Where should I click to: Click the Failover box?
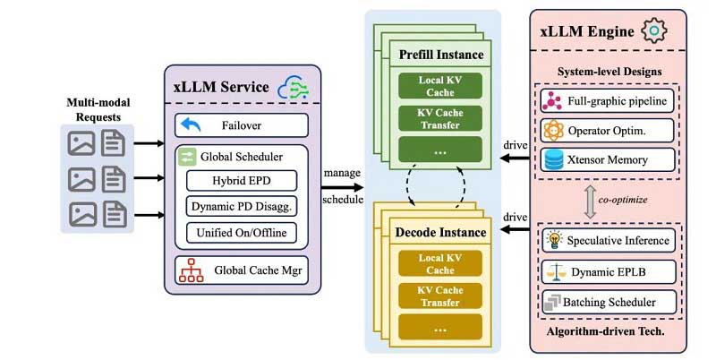pyautogui.click(x=241, y=124)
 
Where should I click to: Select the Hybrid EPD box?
pyautogui.click(x=241, y=180)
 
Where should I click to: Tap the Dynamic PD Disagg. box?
pyautogui.click(x=241, y=207)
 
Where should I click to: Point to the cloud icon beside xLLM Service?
pyautogui.click(x=294, y=87)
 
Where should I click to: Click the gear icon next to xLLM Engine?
pyautogui.click(x=655, y=31)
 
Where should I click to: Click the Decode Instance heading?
pyautogui.click(x=441, y=233)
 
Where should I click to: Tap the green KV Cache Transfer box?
pyautogui.click(x=439, y=119)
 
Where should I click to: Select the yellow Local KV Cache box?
pyautogui.click(x=439, y=263)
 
